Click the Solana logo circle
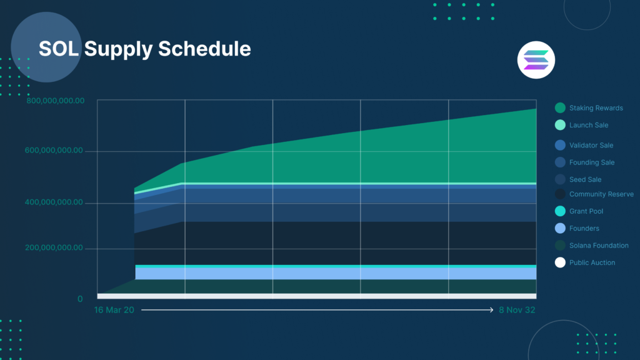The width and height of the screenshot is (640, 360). click(x=536, y=60)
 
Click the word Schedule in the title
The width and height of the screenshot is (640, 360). click(x=204, y=49)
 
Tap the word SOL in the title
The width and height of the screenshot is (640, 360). click(x=58, y=49)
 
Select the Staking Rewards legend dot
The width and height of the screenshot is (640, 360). click(x=560, y=107)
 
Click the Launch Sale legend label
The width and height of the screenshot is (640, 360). click(x=589, y=125)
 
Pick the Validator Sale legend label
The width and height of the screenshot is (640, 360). click(x=591, y=145)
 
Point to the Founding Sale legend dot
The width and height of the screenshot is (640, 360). click(x=560, y=162)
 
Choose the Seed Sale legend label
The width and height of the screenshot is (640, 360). click(x=585, y=179)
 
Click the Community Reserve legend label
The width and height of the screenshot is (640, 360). click(x=601, y=194)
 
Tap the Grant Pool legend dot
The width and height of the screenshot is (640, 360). click(x=560, y=211)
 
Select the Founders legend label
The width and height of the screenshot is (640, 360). click(x=584, y=229)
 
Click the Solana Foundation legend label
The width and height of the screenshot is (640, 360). click(x=599, y=246)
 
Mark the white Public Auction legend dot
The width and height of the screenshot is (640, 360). click(x=560, y=262)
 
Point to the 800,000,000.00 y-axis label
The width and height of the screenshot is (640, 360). click(x=56, y=101)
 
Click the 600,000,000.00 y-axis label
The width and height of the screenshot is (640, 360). click(x=54, y=150)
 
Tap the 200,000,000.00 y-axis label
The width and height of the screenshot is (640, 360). click(x=54, y=247)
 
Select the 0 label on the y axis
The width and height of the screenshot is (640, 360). click(x=80, y=299)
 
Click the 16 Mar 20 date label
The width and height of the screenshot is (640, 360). click(x=114, y=310)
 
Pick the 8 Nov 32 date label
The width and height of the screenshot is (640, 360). click(x=517, y=310)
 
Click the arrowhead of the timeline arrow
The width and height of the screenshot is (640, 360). click(x=491, y=310)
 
